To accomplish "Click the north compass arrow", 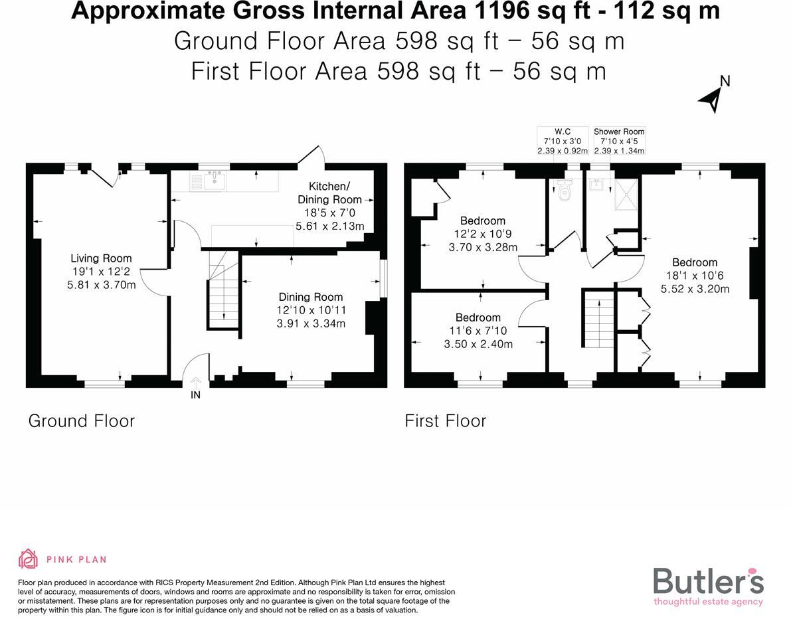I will click(711, 98).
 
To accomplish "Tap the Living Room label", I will click(102, 258).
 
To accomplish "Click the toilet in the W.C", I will click(565, 191).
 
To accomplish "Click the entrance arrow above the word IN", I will click(195, 383).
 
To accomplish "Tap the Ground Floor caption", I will click(81, 421).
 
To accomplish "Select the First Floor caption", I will click(445, 421).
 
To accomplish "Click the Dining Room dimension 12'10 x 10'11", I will click(311, 310).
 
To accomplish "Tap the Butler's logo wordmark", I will click(708, 581).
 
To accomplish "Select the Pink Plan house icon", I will click(28, 559).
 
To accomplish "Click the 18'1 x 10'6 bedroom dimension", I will click(695, 276).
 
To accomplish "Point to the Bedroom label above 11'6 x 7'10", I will click(478, 317).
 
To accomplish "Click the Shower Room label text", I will click(619, 132).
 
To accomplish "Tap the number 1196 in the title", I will click(450, 11).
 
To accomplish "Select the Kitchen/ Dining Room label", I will click(329, 193).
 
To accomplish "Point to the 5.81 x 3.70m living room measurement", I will click(102, 285).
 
